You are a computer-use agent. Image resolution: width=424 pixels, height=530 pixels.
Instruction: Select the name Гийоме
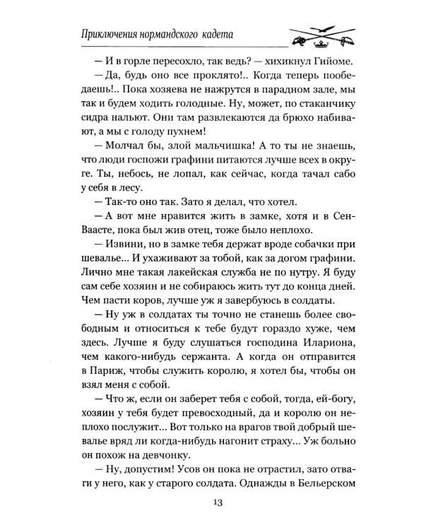334,61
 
